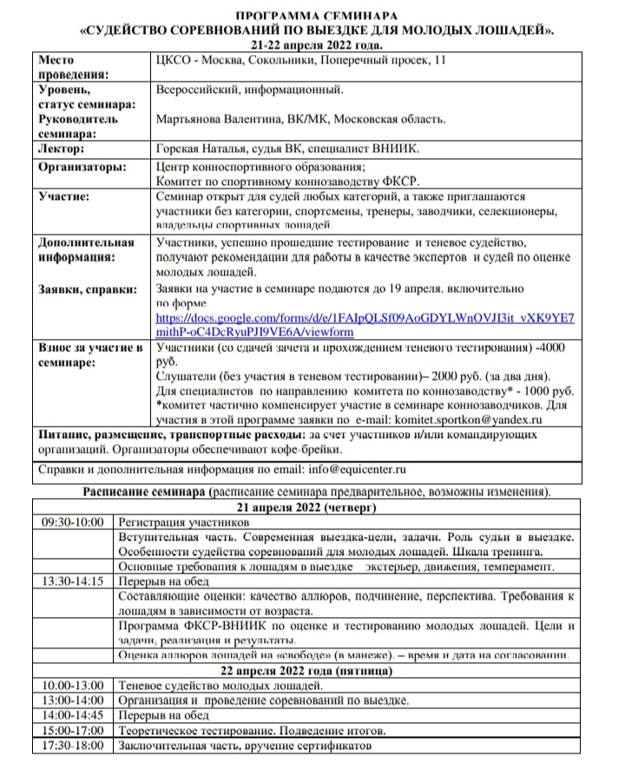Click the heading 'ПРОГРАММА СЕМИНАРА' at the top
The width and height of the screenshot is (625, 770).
[319, 16]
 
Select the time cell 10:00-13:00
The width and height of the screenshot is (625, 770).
[73, 686]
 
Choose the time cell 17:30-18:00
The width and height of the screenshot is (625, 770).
[73, 746]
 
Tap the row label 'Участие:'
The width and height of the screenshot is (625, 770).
[64, 197]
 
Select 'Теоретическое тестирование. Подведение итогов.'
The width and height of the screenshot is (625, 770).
[252, 731]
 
